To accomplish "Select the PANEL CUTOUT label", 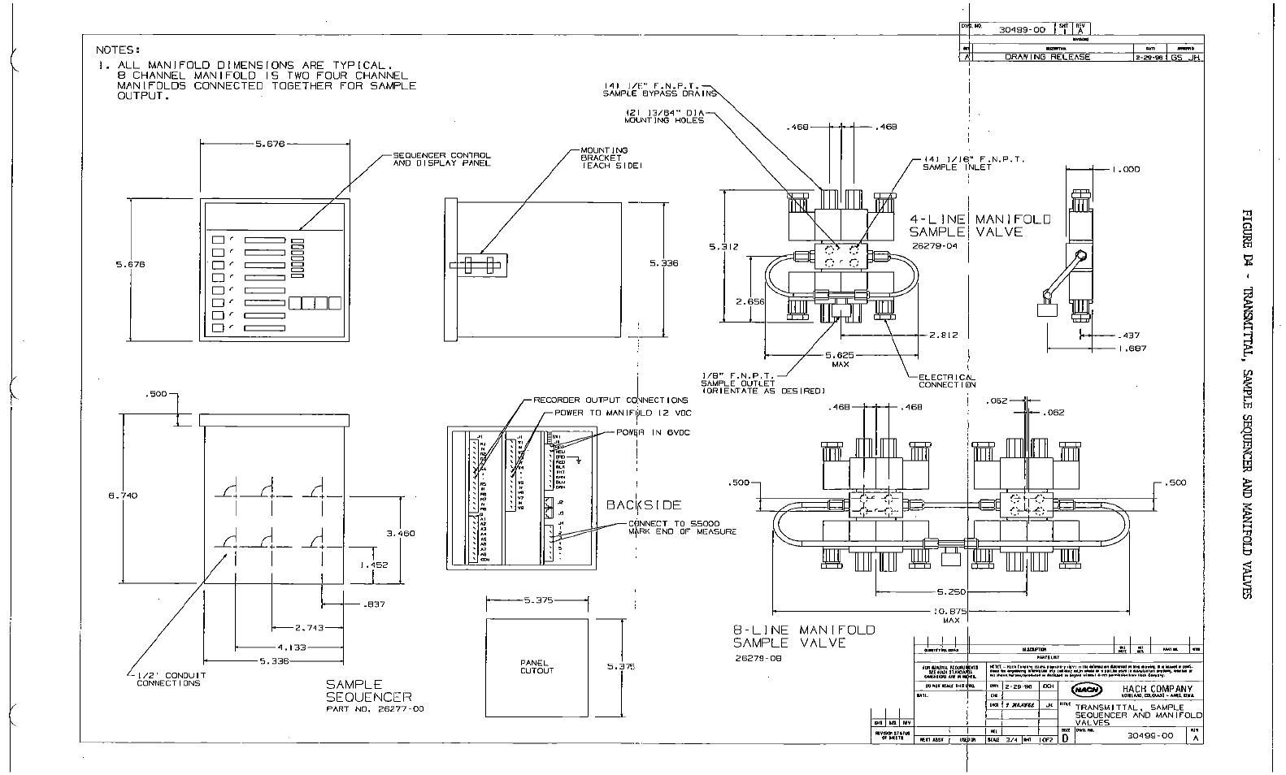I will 537,666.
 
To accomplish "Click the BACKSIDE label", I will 644,504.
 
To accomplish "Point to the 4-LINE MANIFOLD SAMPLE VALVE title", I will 980,225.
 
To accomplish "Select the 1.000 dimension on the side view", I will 1127,169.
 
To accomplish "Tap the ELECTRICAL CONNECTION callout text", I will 947,381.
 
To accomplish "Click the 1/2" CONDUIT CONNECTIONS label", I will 168,679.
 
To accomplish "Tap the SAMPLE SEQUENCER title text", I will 368,691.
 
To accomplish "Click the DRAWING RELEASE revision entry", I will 1048,57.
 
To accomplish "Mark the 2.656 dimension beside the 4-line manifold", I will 750,301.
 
